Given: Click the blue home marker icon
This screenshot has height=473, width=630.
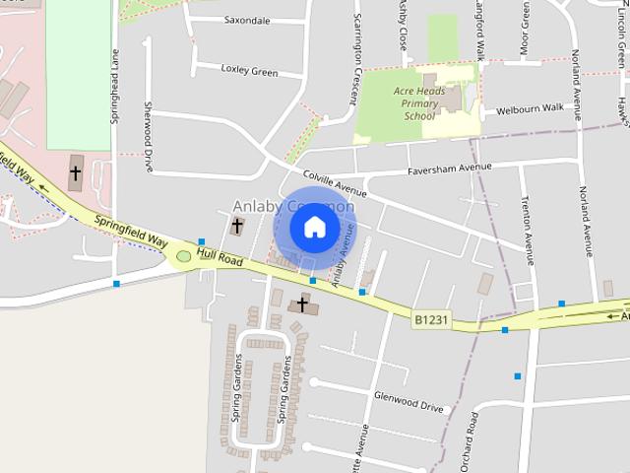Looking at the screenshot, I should (314, 227).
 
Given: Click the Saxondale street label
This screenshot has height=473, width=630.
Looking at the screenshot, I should (247, 20).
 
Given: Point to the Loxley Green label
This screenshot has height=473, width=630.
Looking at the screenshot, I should (248, 72).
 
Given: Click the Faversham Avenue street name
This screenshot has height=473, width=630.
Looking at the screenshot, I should (450, 169).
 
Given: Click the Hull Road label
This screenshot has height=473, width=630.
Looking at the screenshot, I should (219, 257).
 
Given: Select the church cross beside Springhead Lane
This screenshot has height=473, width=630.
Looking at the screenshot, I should (76, 173).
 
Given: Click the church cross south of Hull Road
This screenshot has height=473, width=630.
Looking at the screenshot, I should (302, 304).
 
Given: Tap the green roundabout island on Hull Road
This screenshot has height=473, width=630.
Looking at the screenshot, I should (183, 256).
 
